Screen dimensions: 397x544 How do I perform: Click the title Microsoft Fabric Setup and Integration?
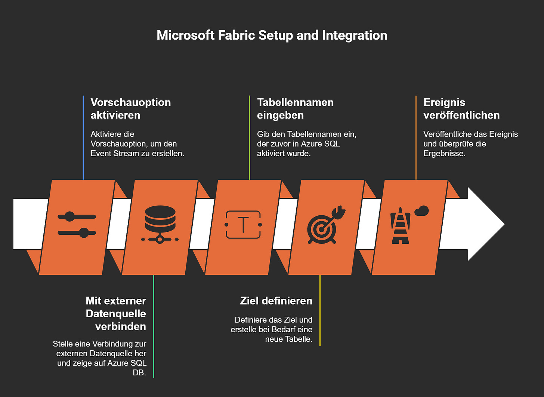[x=272, y=35]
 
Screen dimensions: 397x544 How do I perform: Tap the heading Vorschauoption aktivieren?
[x=130, y=108]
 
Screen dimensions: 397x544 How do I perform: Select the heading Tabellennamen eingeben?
[x=295, y=108]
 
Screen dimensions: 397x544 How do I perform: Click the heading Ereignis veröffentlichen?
[x=461, y=108]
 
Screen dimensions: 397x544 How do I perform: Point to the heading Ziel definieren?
[x=276, y=301]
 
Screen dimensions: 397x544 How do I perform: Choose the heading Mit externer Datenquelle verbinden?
[x=116, y=314]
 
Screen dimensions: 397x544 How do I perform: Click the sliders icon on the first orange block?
[x=77, y=225]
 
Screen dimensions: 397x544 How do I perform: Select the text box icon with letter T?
[x=243, y=225]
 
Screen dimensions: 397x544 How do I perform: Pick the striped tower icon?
[x=400, y=226]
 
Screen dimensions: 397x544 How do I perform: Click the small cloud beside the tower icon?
[x=422, y=211]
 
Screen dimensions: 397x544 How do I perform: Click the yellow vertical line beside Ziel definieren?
[x=320, y=310]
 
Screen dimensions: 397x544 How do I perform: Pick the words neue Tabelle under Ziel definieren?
[x=288, y=339]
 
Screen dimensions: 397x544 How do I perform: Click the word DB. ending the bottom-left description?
[x=139, y=373]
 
